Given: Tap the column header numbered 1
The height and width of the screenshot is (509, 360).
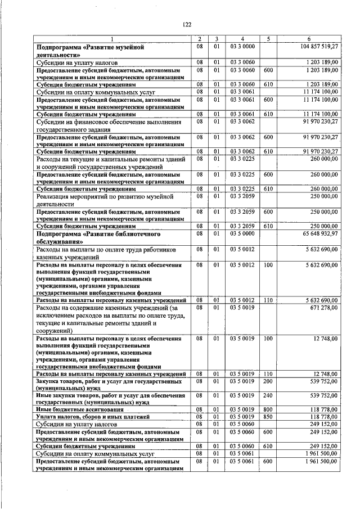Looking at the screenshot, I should pos(111,38).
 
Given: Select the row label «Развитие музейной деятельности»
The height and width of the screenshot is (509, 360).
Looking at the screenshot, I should pos(91,51).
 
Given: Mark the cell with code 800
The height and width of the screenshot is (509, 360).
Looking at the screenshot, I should pos(268,408).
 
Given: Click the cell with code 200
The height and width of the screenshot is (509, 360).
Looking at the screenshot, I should pos(268,381).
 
